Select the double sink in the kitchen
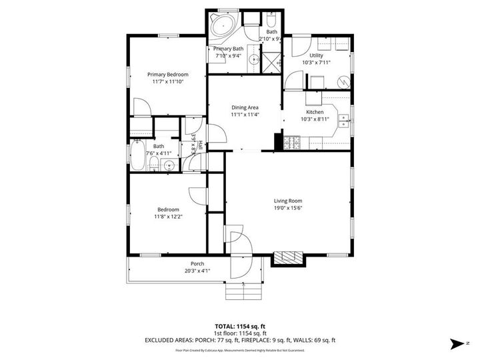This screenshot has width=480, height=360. click(x=344, y=121)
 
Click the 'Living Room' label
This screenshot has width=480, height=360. click(x=288, y=201)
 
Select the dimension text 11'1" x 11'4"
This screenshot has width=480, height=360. click(x=245, y=115)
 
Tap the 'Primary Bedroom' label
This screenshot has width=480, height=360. click(x=167, y=74)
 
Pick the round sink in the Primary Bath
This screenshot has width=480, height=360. click(x=254, y=60)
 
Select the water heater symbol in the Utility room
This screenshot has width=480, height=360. click(x=343, y=81)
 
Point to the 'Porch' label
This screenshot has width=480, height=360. click(x=197, y=263)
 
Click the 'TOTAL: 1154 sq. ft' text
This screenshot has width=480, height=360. click(x=239, y=327)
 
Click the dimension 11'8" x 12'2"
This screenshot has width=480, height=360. click(x=168, y=217)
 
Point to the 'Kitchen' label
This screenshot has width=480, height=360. click(x=315, y=112)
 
